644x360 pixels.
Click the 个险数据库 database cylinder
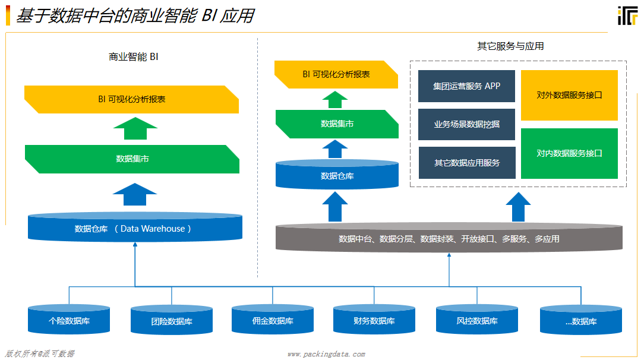point(69,320)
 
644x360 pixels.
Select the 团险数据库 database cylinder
point(171,320)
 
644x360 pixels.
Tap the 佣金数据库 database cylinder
point(272,320)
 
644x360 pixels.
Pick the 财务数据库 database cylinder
point(374,320)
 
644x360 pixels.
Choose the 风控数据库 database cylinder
point(476,320)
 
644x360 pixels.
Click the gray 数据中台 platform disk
point(449,238)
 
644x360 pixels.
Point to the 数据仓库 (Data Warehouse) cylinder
point(135,228)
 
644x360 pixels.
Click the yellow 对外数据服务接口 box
point(569,95)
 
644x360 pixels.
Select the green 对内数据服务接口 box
point(569,153)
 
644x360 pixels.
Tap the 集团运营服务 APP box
point(466,86)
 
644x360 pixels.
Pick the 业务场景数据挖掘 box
point(466,124)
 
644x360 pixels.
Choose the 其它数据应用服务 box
point(466,163)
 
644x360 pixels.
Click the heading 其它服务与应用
point(510,46)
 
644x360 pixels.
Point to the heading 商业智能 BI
point(133,57)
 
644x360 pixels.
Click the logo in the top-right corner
point(627,17)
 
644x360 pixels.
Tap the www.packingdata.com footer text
point(326,354)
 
